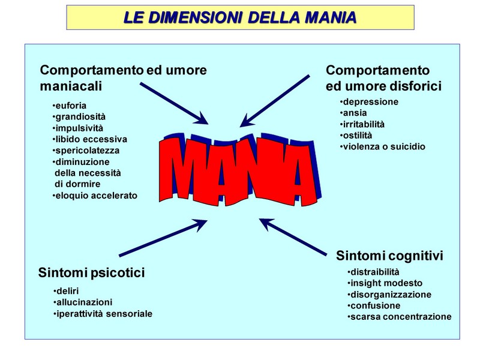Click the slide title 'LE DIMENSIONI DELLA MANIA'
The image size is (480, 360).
coord(240,17)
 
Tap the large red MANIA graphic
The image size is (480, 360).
coord(241,170)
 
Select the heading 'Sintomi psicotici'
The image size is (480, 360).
coord(92,272)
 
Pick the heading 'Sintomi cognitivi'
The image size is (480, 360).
coord(389,256)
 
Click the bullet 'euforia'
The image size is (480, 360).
coord(70,106)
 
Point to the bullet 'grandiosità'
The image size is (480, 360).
coord(79,117)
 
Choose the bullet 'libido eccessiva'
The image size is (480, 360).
coord(89,139)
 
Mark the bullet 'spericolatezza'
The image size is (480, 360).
coord(86,151)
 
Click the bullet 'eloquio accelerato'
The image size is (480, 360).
coord(95,196)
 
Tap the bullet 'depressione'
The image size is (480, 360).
coord(369,102)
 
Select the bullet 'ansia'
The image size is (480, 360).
coord(353,113)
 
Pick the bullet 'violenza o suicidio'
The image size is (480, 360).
coord(383,146)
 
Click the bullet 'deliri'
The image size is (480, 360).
coord(66,291)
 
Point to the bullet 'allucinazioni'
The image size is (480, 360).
coord(83,302)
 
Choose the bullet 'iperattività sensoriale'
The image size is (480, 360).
coord(103,314)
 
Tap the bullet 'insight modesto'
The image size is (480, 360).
coord(385,283)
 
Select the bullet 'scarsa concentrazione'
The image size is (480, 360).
coord(400,317)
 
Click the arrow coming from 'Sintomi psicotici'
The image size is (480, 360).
coord(163,238)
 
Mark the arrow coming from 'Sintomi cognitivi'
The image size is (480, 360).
coord(293,237)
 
